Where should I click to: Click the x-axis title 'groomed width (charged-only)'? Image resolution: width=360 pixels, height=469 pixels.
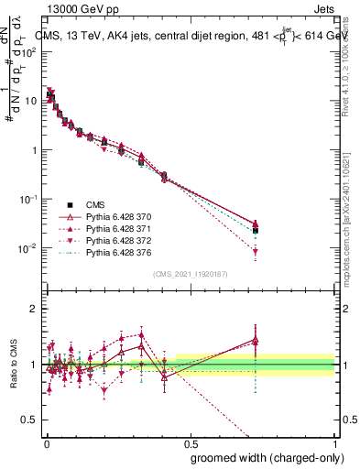(261, 457)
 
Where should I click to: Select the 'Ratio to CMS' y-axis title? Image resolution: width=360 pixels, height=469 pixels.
(13, 364)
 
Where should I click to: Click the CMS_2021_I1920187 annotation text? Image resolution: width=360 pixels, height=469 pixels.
(191, 274)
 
